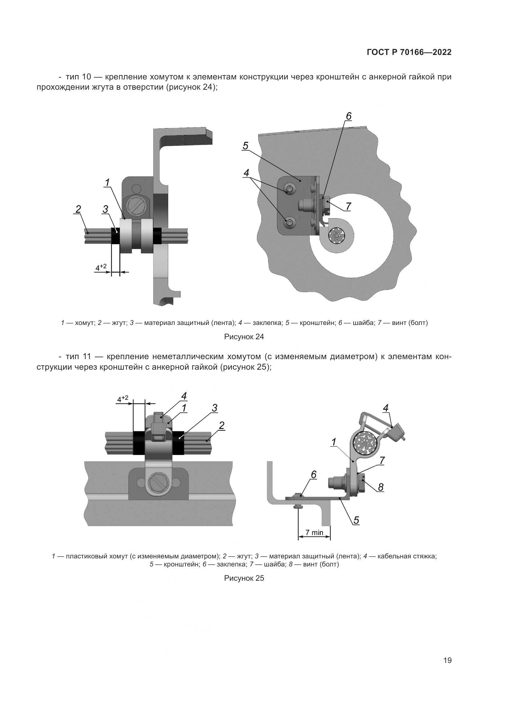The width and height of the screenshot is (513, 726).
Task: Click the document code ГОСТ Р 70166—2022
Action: click(x=409, y=52)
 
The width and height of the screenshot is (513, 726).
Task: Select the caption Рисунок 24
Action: click(x=244, y=337)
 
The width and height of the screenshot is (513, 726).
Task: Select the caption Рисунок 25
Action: click(x=244, y=578)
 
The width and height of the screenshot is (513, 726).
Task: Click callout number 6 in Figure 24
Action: click(x=348, y=117)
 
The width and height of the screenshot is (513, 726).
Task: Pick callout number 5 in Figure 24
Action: click(x=245, y=146)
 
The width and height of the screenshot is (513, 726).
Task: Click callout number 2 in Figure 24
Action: click(x=78, y=209)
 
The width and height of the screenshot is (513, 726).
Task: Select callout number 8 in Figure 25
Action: click(x=381, y=488)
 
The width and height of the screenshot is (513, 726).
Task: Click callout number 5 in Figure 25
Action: click(x=356, y=521)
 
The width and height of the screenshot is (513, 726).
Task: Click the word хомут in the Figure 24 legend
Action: click(x=85, y=323)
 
